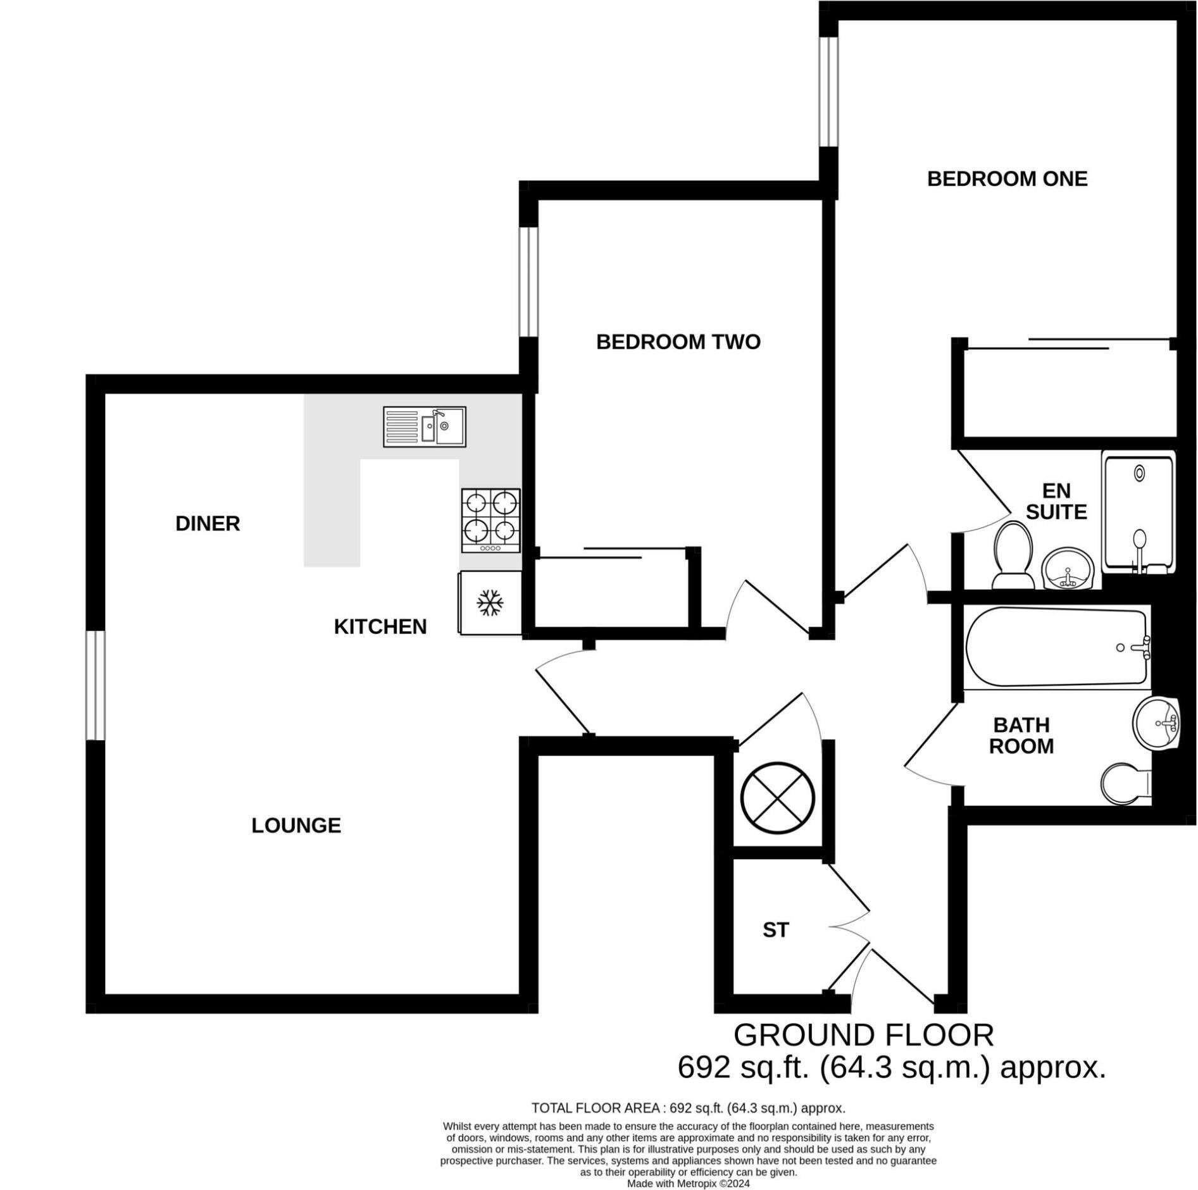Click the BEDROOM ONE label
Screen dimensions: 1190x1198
click(1006, 179)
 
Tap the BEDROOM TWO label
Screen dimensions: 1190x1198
click(678, 342)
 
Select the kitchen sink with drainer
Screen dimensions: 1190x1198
click(424, 427)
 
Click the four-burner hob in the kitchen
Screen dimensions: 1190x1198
click(490, 520)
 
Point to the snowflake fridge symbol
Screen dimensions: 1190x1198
click(489, 604)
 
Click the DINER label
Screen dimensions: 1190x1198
click(208, 524)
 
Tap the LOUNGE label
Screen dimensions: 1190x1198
click(296, 826)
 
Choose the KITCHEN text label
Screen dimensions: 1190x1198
click(380, 627)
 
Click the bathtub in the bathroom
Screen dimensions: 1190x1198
click(1056, 647)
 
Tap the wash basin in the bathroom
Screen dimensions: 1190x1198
click(1156, 724)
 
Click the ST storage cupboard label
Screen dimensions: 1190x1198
click(775, 930)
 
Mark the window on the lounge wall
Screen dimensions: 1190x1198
click(95, 685)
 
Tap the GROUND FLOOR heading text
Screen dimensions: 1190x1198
click(863, 1036)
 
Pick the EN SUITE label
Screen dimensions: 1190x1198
click(1056, 501)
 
